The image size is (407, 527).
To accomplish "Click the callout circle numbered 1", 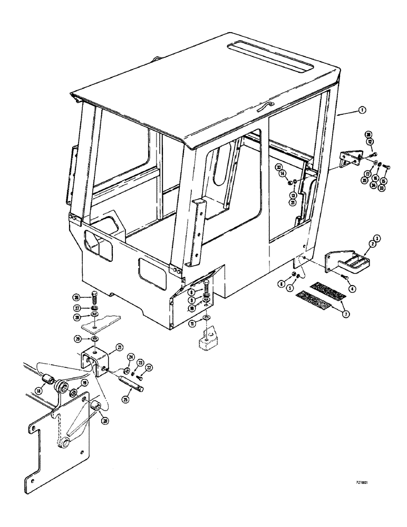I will click(363, 110).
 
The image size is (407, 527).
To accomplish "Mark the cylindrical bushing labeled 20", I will click(97, 407).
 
